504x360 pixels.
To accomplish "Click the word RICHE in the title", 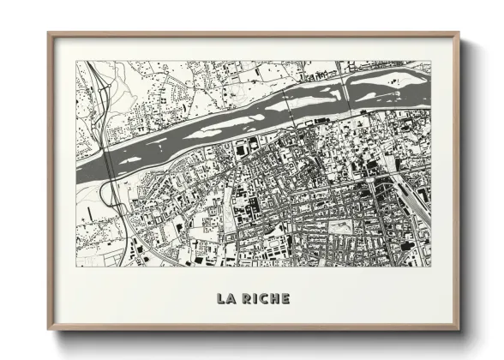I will [x=265, y=298].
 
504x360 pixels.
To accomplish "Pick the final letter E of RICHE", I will [x=285, y=298].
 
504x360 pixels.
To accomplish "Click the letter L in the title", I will [x=222, y=298].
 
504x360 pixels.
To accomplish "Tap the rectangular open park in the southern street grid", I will [x=341, y=227].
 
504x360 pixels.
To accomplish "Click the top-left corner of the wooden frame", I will [x=49, y=34].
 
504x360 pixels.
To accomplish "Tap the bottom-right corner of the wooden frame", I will [x=459, y=328].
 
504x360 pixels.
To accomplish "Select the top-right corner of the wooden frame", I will [x=459, y=34].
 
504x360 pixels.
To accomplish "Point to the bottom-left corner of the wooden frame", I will [x=49, y=328].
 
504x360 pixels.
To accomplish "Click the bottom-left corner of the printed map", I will [x=76, y=265].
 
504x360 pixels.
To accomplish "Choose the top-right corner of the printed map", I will [x=431, y=61].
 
